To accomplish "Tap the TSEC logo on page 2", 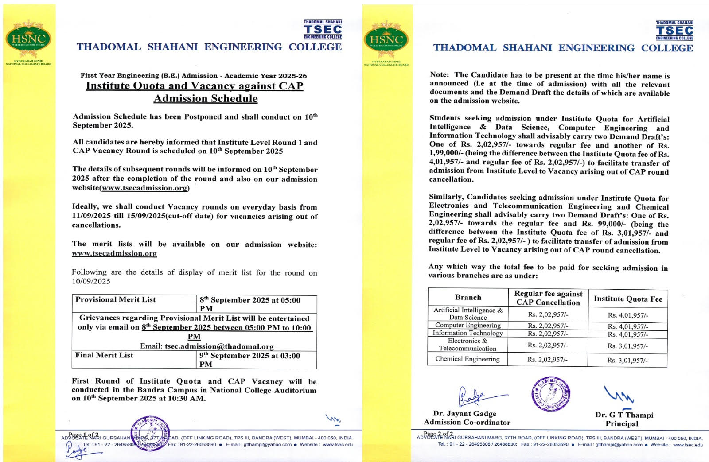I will click(674, 31).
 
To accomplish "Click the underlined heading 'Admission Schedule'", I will click(206, 98).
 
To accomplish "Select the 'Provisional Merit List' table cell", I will click(116, 300).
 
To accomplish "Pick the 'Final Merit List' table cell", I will click(105, 355).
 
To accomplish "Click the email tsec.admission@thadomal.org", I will click(219, 346).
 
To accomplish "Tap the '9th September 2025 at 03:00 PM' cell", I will click(249, 360).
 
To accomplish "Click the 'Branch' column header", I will click(468, 297).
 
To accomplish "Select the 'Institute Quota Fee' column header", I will click(628, 299).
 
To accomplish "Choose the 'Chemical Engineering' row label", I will click(467, 359).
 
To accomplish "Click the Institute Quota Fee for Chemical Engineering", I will click(627, 360).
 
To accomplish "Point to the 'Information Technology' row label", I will click(467, 333).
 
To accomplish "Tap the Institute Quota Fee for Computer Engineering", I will click(627, 326).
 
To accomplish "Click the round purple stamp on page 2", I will click(551, 393).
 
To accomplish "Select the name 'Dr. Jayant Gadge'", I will click(464, 414).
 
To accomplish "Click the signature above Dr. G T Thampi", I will click(619, 394).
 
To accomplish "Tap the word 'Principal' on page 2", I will click(622, 423).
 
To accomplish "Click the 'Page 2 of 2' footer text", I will click(438, 434).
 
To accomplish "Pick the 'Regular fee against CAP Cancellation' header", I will click(548, 298).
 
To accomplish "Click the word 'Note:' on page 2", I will click(440, 75).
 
